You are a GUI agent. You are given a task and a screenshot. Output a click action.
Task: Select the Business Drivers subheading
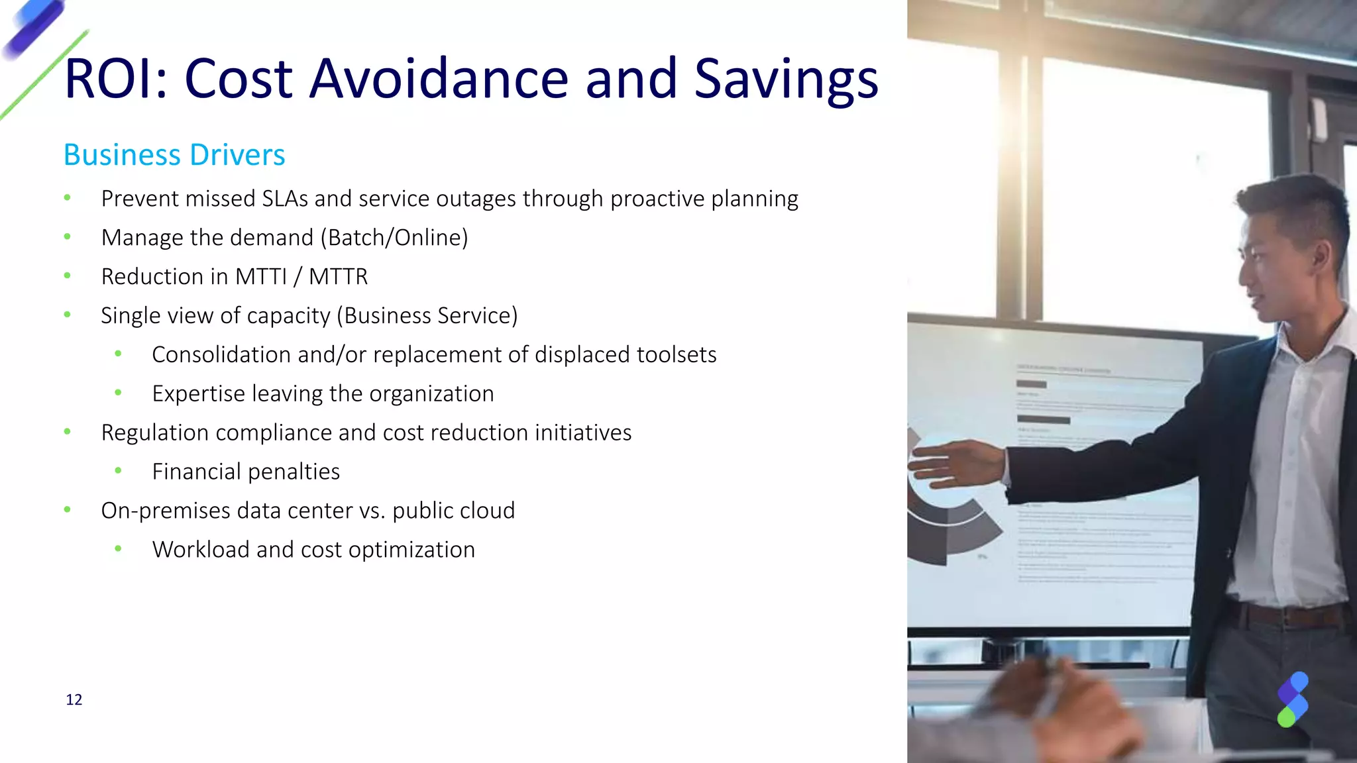[x=174, y=155]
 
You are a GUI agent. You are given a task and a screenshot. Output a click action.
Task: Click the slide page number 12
[x=74, y=700]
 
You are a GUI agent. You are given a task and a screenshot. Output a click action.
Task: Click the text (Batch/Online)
[x=394, y=238]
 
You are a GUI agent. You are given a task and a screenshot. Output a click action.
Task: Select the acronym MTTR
[x=338, y=277]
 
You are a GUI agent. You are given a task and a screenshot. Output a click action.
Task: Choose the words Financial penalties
[x=246, y=472]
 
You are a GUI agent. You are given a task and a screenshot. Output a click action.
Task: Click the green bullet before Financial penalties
[x=118, y=471]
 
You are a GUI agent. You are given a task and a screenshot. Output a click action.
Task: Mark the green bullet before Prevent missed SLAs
[x=67, y=197]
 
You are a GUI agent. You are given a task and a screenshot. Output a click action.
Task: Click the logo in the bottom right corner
[x=1293, y=699]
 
